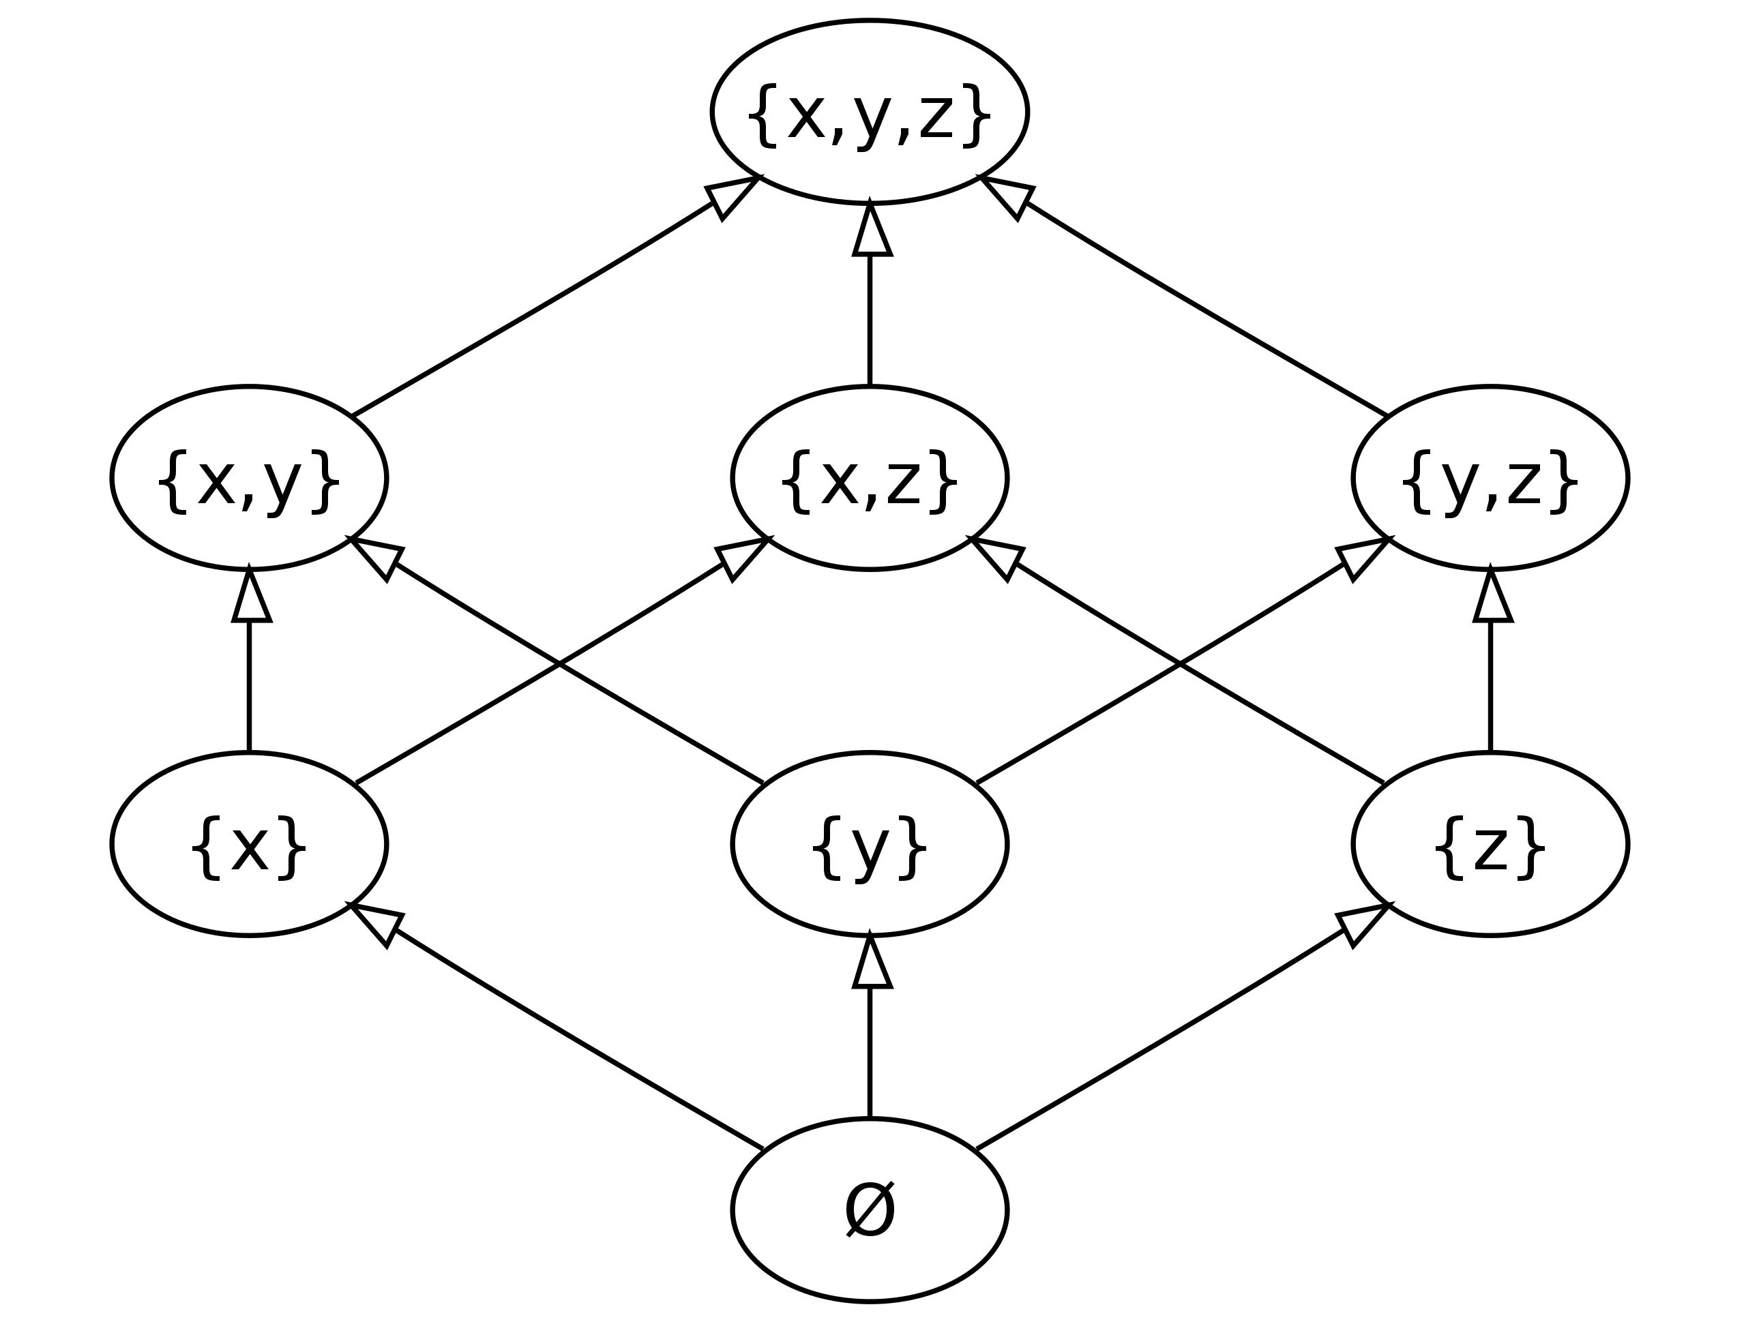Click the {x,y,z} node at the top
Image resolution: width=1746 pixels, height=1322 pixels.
tap(869, 113)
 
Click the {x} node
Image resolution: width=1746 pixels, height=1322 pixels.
tap(250, 843)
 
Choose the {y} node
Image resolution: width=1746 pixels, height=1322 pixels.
tap(869, 843)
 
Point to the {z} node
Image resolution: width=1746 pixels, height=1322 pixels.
tap(1490, 843)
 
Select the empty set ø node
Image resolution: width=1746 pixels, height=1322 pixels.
tap(869, 1209)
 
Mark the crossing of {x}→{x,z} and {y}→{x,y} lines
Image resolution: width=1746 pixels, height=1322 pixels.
tap(560, 664)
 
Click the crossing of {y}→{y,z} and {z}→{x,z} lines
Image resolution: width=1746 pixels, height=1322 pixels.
tap(1180, 664)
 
